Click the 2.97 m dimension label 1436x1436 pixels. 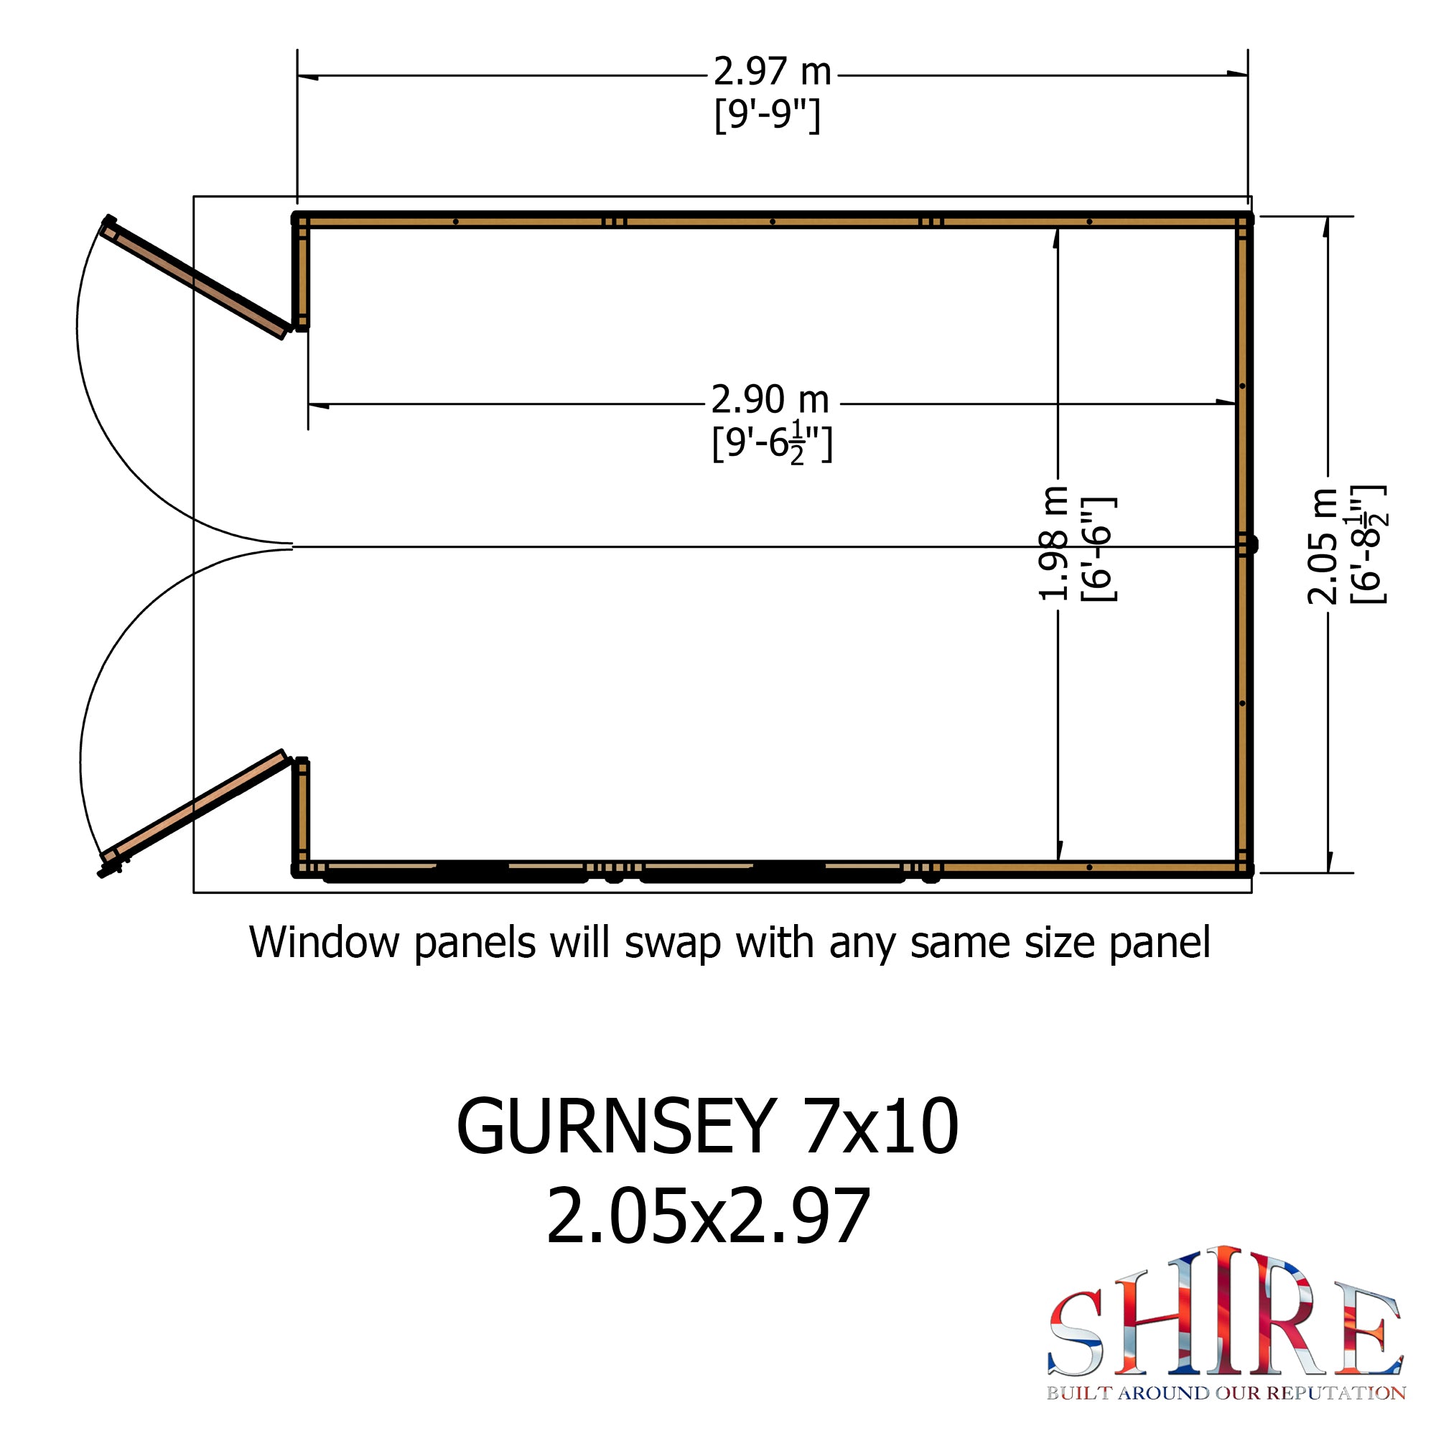click(x=773, y=72)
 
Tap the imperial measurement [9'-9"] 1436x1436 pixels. click(x=768, y=115)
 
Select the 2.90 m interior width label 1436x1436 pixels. click(x=770, y=400)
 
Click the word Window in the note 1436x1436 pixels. click(x=324, y=943)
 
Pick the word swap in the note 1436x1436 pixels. click(x=673, y=946)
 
